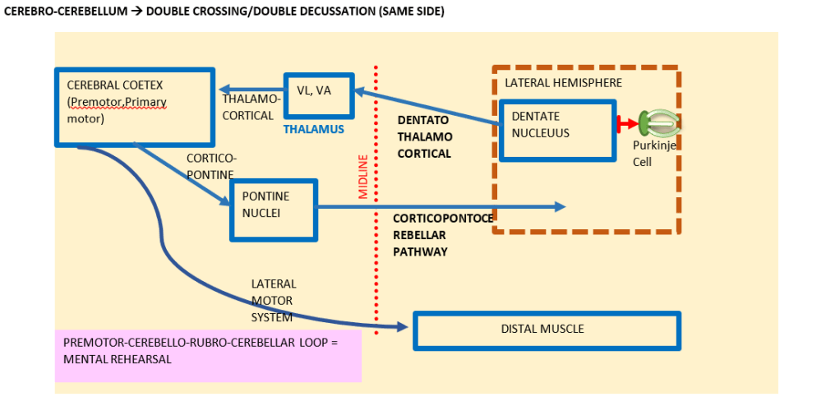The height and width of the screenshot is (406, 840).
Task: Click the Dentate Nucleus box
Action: click(x=557, y=130)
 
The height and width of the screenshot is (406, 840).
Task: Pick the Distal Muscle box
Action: click(x=546, y=330)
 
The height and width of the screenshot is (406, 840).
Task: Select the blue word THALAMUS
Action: click(x=313, y=130)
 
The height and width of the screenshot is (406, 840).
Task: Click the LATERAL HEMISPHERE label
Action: click(x=563, y=83)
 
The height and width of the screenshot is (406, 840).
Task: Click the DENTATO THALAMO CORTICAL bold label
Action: click(x=424, y=136)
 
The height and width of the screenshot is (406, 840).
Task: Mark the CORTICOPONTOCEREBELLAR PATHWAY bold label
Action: click(x=443, y=235)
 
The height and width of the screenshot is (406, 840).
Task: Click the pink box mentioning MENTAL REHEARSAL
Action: click(x=208, y=356)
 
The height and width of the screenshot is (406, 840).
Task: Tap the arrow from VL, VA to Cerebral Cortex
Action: click(x=250, y=90)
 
